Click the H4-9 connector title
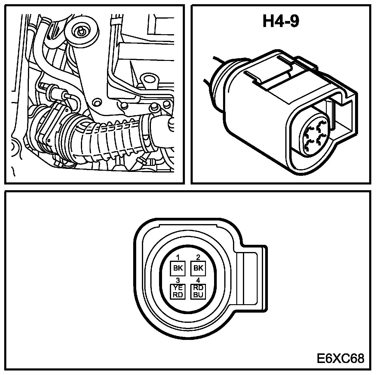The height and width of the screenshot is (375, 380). click(x=281, y=22)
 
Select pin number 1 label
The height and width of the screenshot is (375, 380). click(x=178, y=257)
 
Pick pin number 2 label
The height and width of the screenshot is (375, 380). click(x=198, y=257)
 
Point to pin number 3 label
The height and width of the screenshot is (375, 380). click(x=178, y=280)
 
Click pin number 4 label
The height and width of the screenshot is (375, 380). click(x=198, y=280)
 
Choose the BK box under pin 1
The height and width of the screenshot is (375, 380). click(x=178, y=268)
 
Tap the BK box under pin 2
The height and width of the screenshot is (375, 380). click(x=198, y=268)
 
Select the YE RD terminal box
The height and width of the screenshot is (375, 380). click(x=178, y=291)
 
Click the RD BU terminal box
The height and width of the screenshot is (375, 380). click(x=198, y=291)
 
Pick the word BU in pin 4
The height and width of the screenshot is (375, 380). click(x=198, y=295)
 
